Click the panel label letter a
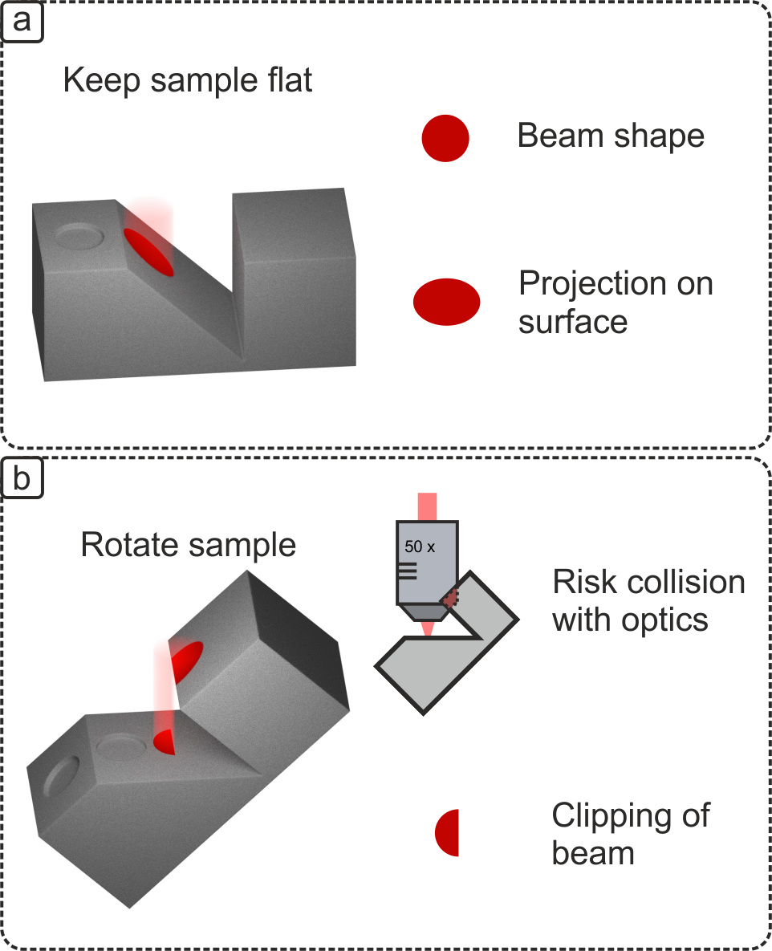[22, 20]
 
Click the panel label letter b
[22, 479]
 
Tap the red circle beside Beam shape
[445, 138]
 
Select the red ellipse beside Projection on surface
[447, 302]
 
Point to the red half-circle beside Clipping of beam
[448, 832]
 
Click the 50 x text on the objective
[420, 547]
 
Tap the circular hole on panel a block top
[80, 236]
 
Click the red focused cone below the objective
[427, 628]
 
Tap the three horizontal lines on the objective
[407, 571]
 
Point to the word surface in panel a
[572, 321]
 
